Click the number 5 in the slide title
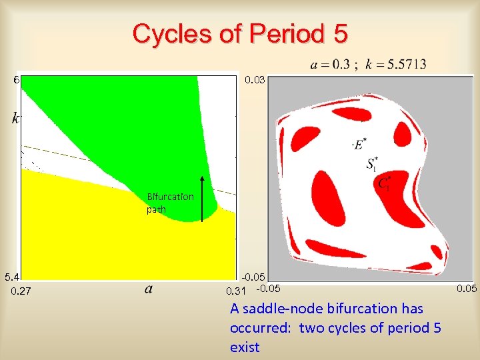339,33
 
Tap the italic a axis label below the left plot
148,289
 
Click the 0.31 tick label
236,291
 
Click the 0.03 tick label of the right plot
255,80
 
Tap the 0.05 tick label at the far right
467,288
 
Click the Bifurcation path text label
170,203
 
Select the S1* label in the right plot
373,163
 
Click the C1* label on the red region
385,184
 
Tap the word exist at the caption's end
245,347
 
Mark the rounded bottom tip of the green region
209,215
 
